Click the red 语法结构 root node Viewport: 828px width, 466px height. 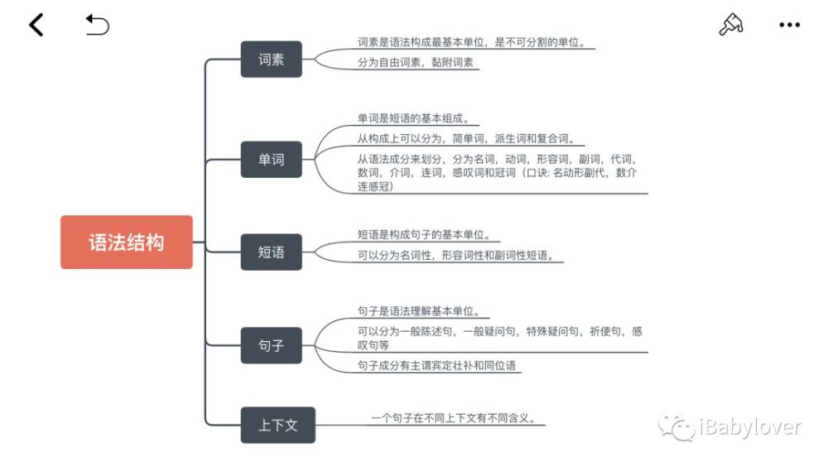(x=127, y=243)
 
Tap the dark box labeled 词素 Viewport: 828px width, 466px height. (x=272, y=59)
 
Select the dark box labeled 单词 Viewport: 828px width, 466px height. (x=272, y=160)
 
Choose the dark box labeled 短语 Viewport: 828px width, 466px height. (x=272, y=252)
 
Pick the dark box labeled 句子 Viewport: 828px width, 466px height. (x=272, y=346)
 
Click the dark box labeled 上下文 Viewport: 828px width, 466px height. (x=277, y=425)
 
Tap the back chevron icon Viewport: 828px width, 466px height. (x=36, y=25)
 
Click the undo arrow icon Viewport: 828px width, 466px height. (x=97, y=25)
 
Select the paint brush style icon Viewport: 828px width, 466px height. (x=731, y=24)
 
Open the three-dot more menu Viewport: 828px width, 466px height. (x=789, y=25)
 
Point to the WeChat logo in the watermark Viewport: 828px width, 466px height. (x=676, y=426)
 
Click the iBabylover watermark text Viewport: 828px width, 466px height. (x=750, y=426)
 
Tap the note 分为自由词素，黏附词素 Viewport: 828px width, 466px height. (x=416, y=62)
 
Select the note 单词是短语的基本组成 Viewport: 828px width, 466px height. (x=413, y=118)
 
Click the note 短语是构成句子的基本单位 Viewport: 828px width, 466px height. (x=424, y=234)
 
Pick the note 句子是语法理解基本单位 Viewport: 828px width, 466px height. (x=419, y=311)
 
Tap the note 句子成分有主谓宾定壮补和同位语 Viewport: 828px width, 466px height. (x=436, y=365)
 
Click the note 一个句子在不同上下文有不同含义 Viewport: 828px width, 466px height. (x=454, y=418)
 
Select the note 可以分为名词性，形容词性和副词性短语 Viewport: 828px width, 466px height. (x=455, y=256)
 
